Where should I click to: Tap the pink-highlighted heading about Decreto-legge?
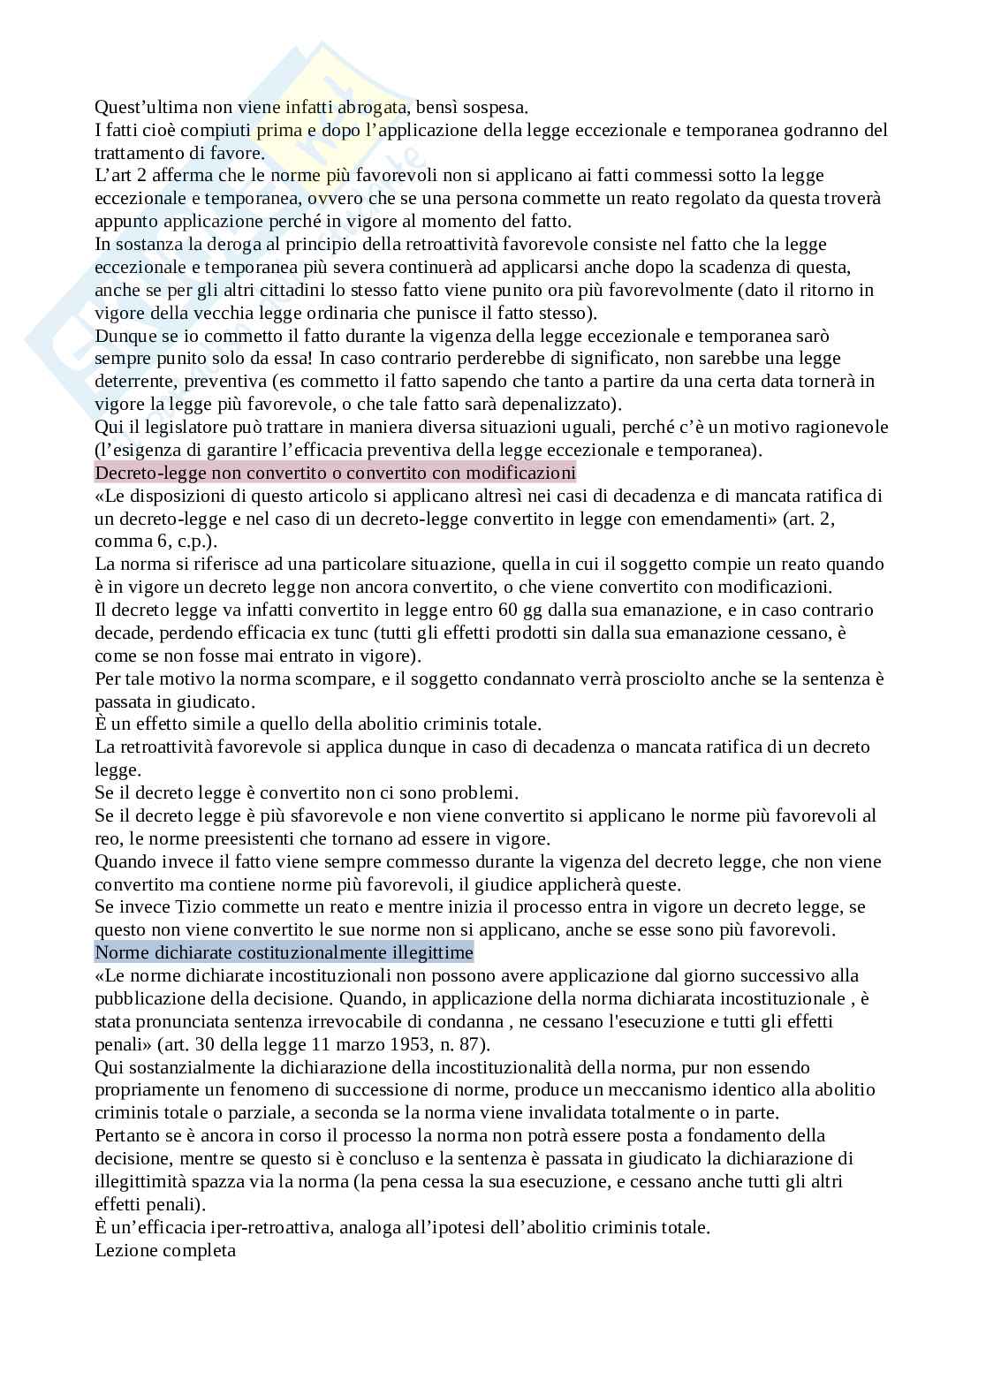tap(335, 473)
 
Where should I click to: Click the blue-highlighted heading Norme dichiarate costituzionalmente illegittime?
tap(284, 952)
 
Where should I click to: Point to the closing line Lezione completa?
tap(165, 1250)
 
